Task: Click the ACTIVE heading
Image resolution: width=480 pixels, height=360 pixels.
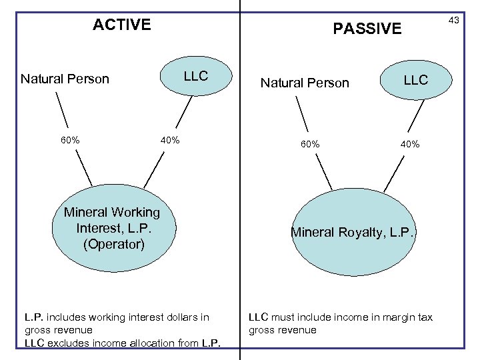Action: click(122, 25)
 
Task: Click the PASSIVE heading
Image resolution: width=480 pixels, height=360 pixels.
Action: click(367, 29)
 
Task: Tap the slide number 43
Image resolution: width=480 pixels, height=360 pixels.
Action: click(453, 21)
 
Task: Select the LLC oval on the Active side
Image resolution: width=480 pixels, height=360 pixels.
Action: click(196, 77)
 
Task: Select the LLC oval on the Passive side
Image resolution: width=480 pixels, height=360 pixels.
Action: click(415, 81)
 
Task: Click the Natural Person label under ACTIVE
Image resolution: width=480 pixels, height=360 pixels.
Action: click(65, 79)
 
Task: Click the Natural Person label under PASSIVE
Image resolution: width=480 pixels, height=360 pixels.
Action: click(305, 83)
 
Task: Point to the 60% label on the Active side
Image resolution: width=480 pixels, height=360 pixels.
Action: click(70, 141)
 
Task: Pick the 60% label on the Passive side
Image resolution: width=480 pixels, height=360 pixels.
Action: click(309, 145)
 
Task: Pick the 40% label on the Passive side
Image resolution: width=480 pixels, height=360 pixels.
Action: click(409, 145)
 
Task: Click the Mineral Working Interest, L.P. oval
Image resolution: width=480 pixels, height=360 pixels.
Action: click(112, 228)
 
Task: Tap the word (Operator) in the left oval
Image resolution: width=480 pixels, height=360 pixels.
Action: click(113, 244)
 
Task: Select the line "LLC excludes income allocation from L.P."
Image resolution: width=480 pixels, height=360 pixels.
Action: click(123, 343)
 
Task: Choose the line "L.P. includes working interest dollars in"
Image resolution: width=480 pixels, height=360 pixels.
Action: click(117, 317)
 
